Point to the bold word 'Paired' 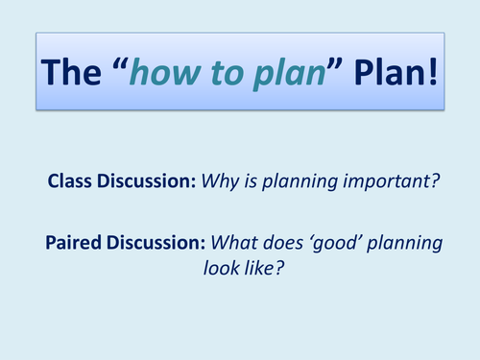tap(72, 243)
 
